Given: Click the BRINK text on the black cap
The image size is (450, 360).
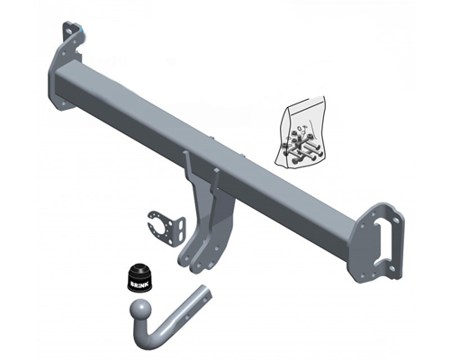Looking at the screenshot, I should point(139,279).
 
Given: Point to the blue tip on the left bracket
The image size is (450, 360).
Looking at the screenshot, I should point(82,28).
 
